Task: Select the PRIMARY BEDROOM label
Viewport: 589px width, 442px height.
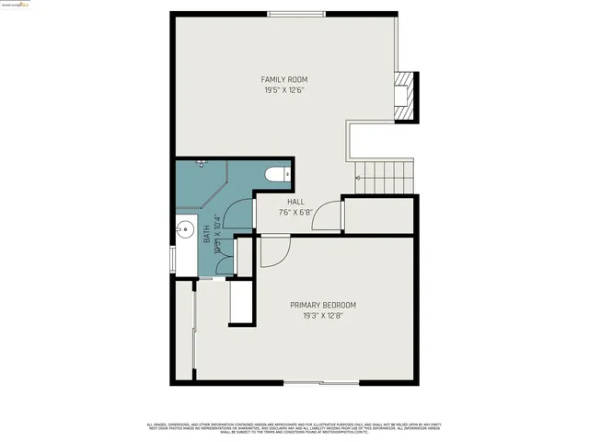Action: [322, 305]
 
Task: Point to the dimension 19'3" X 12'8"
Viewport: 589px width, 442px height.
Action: [322, 316]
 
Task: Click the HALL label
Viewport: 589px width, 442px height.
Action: [295, 201]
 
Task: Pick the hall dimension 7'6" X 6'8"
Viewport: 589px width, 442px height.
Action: [295, 212]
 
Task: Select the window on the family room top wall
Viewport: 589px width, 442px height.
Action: [294, 13]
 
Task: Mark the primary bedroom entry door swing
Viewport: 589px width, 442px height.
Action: [272, 250]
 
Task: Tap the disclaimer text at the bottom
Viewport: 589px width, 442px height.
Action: [294, 427]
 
